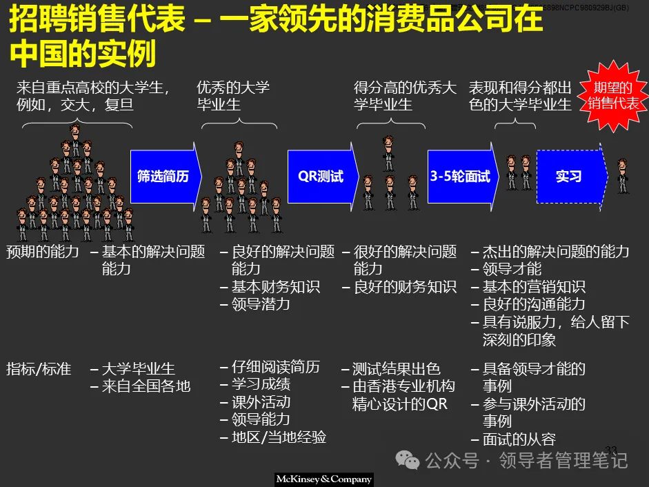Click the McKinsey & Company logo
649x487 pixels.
click(x=323, y=479)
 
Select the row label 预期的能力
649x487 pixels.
click(x=43, y=251)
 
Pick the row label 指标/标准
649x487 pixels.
click(x=39, y=368)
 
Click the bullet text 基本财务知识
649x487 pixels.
click(x=275, y=286)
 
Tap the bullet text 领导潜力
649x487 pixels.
click(x=261, y=304)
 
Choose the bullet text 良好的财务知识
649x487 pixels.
click(x=405, y=286)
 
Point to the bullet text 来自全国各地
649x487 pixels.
click(x=146, y=386)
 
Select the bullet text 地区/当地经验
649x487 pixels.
click(x=279, y=437)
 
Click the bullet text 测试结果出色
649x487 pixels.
click(x=396, y=368)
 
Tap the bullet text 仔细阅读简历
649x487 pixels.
click(x=275, y=367)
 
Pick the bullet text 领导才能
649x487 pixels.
click(x=512, y=269)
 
